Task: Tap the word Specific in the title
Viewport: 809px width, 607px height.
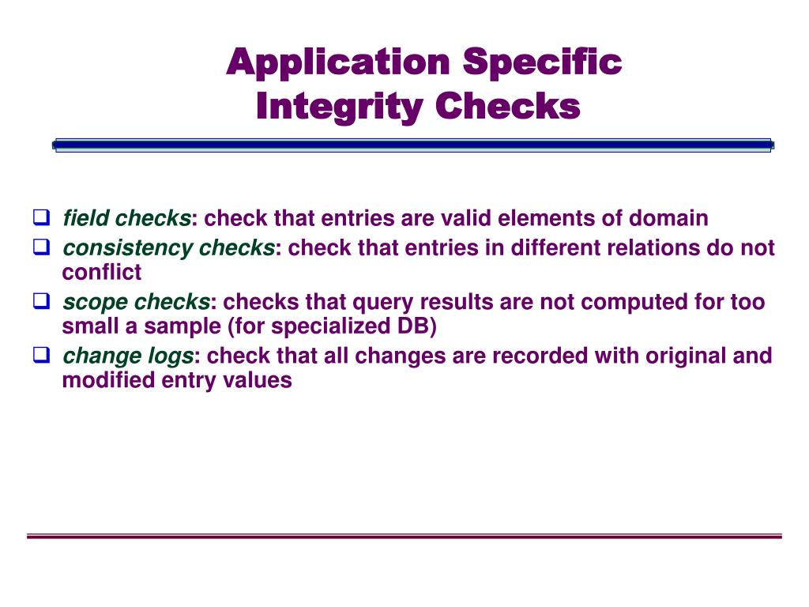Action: (x=543, y=62)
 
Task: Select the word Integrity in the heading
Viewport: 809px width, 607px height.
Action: (x=337, y=106)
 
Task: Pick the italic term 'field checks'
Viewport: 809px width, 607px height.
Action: (x=126, y=218)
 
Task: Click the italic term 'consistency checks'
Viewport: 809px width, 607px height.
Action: (x=168, y=248)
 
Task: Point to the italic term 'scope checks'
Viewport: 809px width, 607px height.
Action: (x=136, y=302)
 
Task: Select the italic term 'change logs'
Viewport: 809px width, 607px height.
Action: (x=127, y=356)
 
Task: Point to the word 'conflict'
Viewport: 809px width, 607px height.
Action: (x=102, y=273)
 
